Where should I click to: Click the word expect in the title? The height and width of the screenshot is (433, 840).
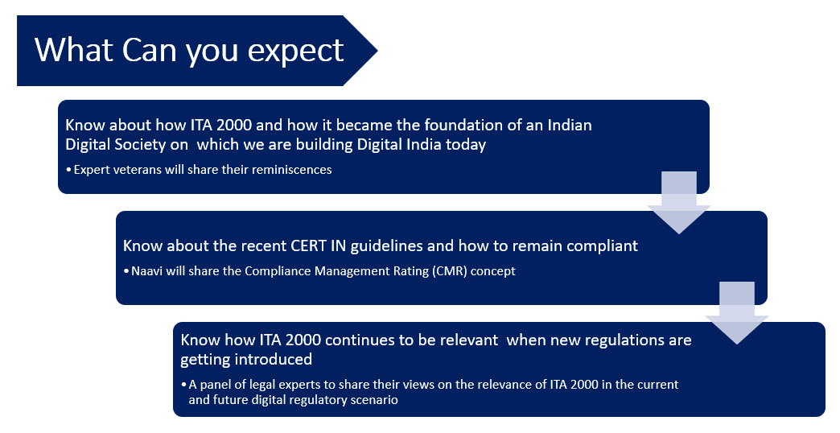click(295, 52)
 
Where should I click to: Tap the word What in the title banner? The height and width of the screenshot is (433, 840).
click(74, 50)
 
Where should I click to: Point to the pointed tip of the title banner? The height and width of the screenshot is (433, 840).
click(377, 51)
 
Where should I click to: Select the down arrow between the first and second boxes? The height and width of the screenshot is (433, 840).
click(679, 203)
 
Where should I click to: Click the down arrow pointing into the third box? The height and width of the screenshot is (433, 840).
click(736, 313)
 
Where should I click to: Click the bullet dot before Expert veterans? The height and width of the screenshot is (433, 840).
click(68, 170)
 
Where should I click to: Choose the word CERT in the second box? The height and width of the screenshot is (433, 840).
click(309, 245)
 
